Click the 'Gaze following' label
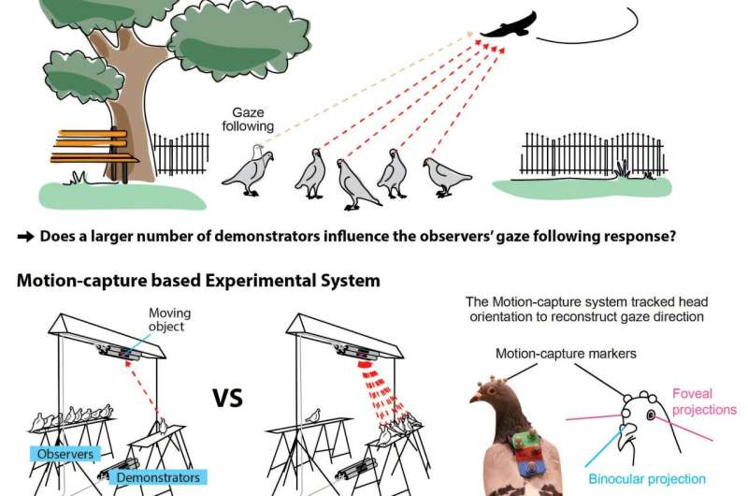[248, 120]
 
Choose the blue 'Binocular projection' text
[651, 479]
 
